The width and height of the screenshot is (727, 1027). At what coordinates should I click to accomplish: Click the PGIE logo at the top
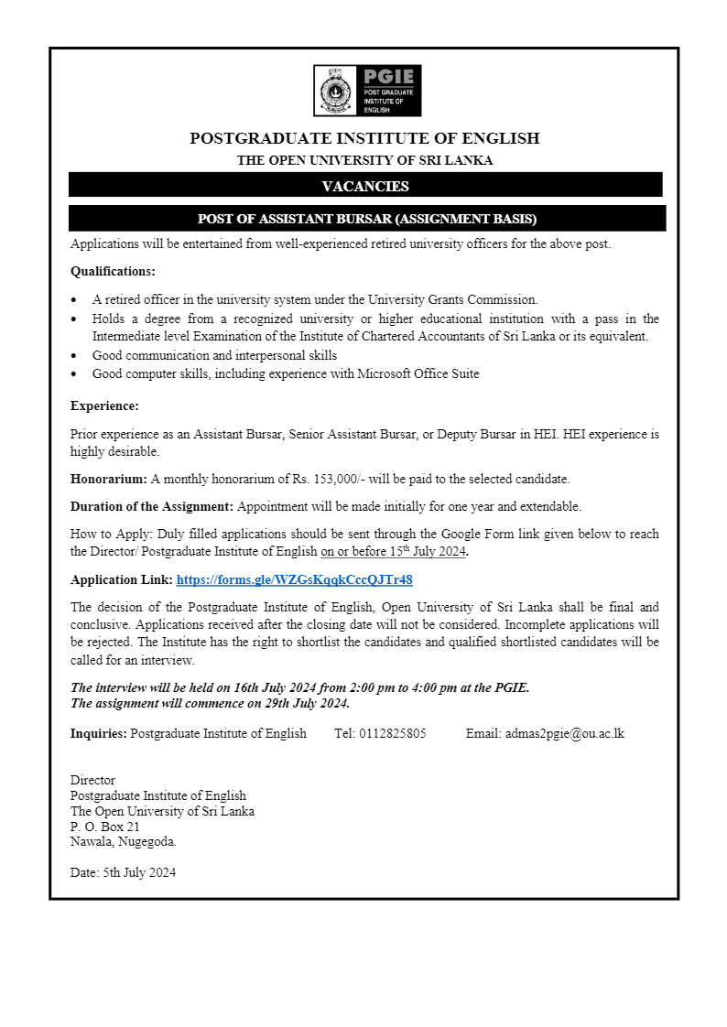click(367, 90)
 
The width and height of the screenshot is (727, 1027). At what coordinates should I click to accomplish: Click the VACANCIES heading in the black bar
click(365, 186)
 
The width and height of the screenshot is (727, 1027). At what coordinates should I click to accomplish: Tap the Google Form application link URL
click(294, 579)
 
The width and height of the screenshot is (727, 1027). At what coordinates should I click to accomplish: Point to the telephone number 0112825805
click(393, 733)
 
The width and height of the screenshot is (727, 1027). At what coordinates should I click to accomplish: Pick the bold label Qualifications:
click(113, 271)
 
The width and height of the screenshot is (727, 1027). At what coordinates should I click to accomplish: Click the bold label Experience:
click(104, 405)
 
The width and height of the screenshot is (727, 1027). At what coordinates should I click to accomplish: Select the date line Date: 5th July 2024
click(123, 872)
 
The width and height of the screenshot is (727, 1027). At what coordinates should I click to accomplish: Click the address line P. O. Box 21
click(105, 826)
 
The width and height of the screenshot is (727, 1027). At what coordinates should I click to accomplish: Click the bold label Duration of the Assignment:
click(152, 506)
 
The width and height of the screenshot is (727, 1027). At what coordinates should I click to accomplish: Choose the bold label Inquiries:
click(99, 733)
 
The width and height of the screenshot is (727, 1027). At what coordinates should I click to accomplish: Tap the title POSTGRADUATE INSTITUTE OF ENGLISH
click(364, 138)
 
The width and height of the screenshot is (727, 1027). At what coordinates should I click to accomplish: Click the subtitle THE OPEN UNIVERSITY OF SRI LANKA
click(364, 160)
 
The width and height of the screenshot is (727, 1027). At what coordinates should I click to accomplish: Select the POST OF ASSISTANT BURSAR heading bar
click(367, 219)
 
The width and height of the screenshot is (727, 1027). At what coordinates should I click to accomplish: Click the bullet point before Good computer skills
click(74, 374)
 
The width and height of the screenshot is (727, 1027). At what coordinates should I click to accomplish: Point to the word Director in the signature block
click(92, 780)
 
